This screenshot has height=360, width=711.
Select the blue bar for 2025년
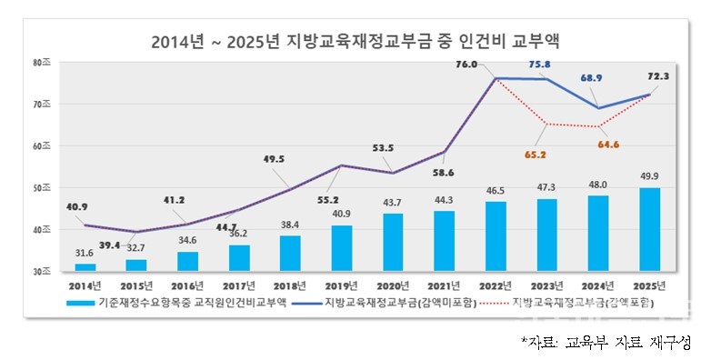649,229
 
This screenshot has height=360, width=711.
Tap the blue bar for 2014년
85,266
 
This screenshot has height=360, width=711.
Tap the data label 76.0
466,65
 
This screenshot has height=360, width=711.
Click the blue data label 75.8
538,65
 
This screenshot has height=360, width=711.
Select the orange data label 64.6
608,144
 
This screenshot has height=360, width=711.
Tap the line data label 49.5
272,159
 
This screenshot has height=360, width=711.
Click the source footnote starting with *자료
606,343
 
